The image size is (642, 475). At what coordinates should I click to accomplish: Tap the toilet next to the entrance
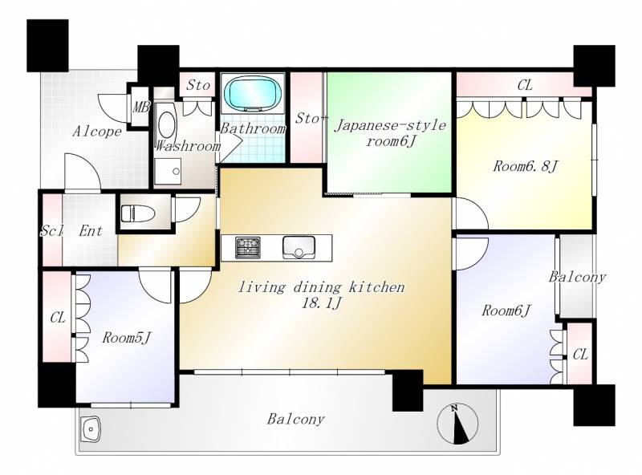(137, 213)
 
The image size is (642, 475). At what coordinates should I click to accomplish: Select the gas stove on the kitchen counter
(248, 247)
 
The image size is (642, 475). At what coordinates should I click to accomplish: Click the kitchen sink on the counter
(299, 247)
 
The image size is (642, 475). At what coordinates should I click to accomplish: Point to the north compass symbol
(457, 424)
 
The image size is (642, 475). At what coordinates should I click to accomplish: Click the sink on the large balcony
(91, 429)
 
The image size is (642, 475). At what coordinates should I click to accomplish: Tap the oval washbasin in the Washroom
(166, 124)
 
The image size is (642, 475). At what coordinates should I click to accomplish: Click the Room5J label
(127, 338)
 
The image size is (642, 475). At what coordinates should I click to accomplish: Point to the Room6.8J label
(526, 166)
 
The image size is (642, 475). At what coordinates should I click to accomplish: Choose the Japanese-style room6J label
(390, 133)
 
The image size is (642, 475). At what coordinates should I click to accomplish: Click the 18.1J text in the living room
(321, 303)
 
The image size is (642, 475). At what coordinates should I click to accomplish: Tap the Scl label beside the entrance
(51, 231)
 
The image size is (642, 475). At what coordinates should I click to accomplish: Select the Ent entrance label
(91, 231)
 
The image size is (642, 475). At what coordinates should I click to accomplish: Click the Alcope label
(97, 132)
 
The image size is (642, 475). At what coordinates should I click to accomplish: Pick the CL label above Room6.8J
(525, 85)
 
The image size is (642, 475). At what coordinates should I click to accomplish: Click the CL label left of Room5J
(58, 318)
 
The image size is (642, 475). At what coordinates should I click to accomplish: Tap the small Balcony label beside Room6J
(577, 278)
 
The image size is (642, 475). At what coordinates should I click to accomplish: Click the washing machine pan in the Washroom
(168, 172)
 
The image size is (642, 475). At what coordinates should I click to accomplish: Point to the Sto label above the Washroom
(198, 85)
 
